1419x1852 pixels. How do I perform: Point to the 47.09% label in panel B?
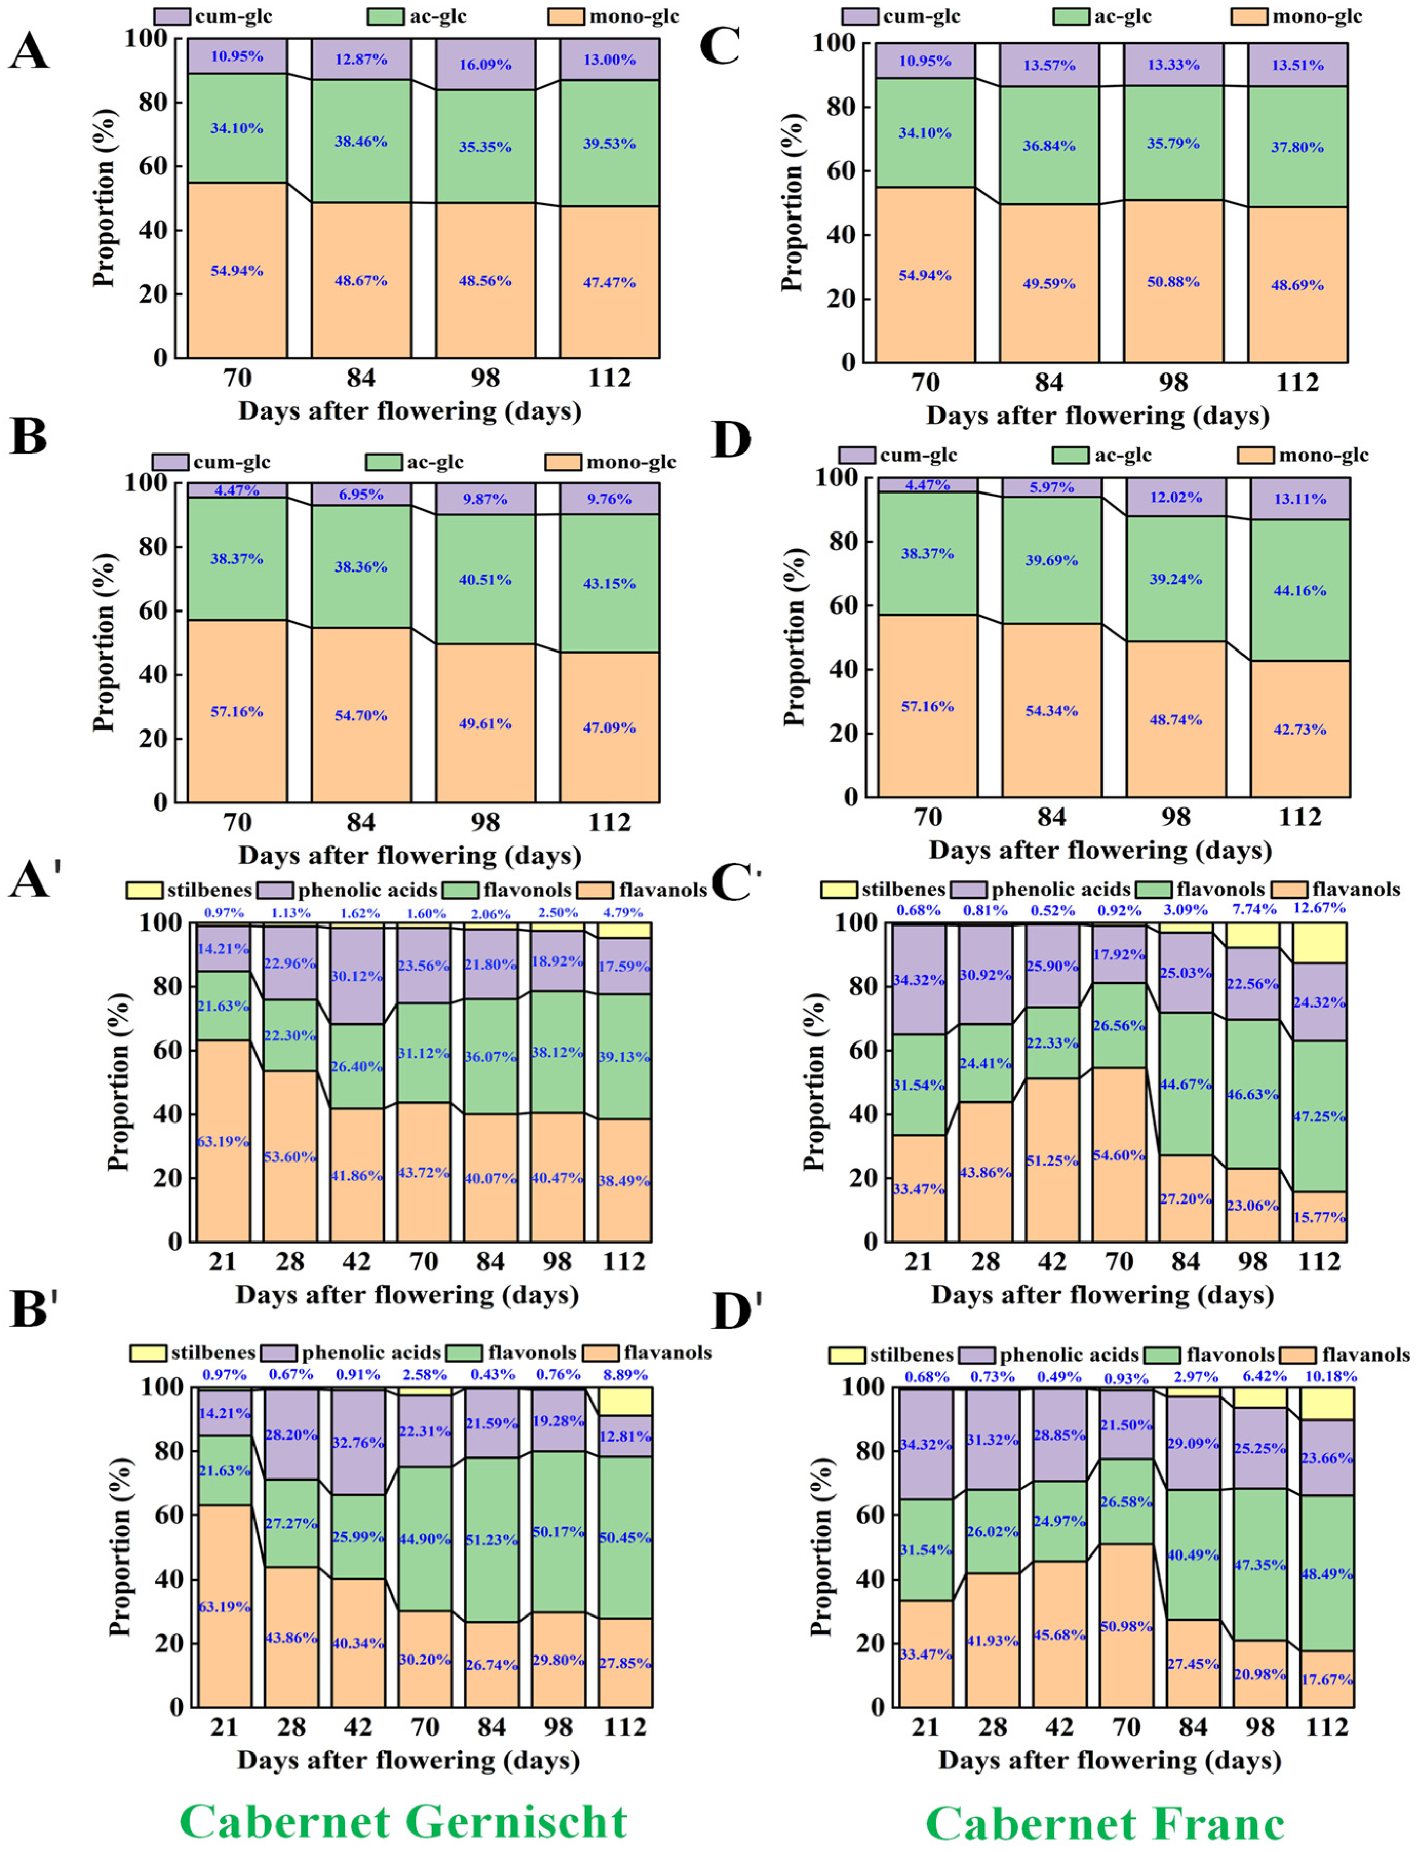[x=609, y=727]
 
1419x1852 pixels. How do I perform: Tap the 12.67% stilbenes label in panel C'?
[x=1319, y=909]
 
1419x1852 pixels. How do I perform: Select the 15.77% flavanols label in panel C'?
[x=1319, y=1217]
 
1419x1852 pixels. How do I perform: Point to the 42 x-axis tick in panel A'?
[x=357, y=1262]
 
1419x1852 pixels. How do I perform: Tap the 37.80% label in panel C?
[x=1299, y=147]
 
